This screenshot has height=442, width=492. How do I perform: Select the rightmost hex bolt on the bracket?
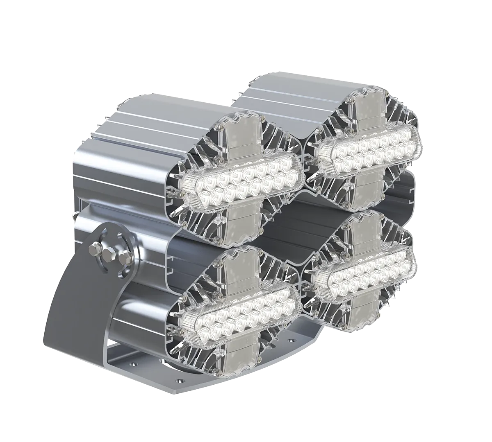(x=125, y=257)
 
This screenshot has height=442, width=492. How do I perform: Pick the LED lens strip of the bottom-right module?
(x=363, y=271)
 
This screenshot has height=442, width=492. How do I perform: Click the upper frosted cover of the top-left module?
(x=243, y=139)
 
